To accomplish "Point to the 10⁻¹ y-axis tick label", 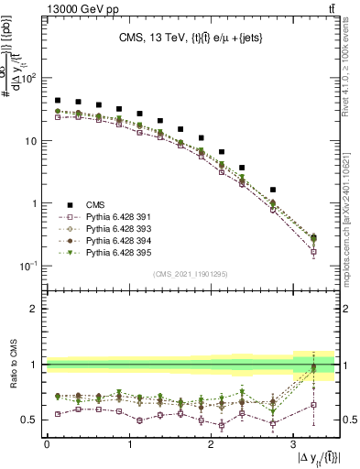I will click(x=28, y=267).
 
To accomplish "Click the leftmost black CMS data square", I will click(x=58, y=101).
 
